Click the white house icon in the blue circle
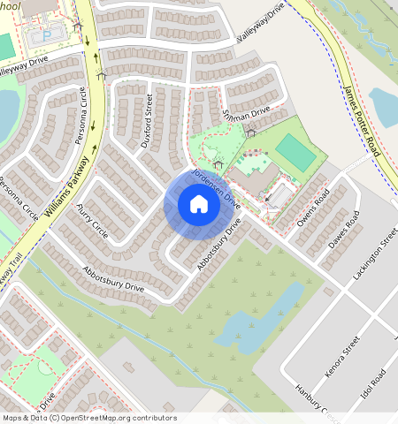coord(199,205)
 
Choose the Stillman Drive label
coord(247,113)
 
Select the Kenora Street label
coord(341,356)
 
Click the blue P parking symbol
coord(48,34)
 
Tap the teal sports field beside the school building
coord(295,153)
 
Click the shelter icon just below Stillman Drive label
coord(251,133)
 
